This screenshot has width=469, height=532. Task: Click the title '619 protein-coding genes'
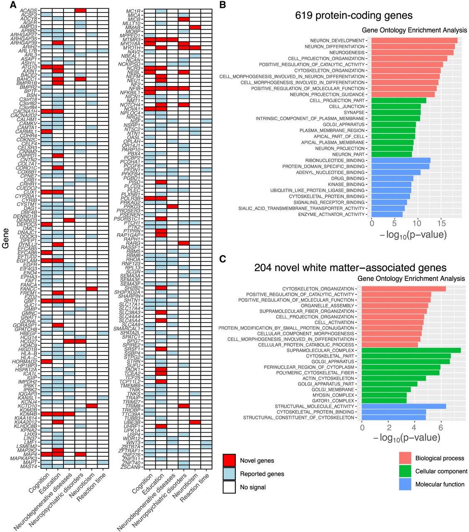click(x=354, y=16)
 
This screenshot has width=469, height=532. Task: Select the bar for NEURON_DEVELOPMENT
click(x=414, y=41)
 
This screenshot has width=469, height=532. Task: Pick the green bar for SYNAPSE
click(x=396, y=113)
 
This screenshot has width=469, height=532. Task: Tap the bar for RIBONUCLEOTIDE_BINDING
click(x=401, y=160)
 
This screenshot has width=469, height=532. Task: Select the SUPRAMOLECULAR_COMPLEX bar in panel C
click(x=411, y=350)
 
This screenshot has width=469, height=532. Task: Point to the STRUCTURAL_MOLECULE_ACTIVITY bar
click(x=403, y=406)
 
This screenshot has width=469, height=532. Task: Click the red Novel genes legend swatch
click(x=229, y=461)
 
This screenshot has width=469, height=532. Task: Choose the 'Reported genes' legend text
click(x=262, y=474)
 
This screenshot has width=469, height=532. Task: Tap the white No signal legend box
click(x=229, y=487)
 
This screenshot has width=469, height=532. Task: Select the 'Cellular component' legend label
click(x=441, y=471)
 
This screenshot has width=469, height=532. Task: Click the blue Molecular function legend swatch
click(x=405, y=484)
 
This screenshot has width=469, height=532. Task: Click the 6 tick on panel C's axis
click(x=441, y=426)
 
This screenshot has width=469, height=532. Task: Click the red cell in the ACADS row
click(x=81, y=10)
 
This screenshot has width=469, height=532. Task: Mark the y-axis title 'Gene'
click(x=5, y=238)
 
